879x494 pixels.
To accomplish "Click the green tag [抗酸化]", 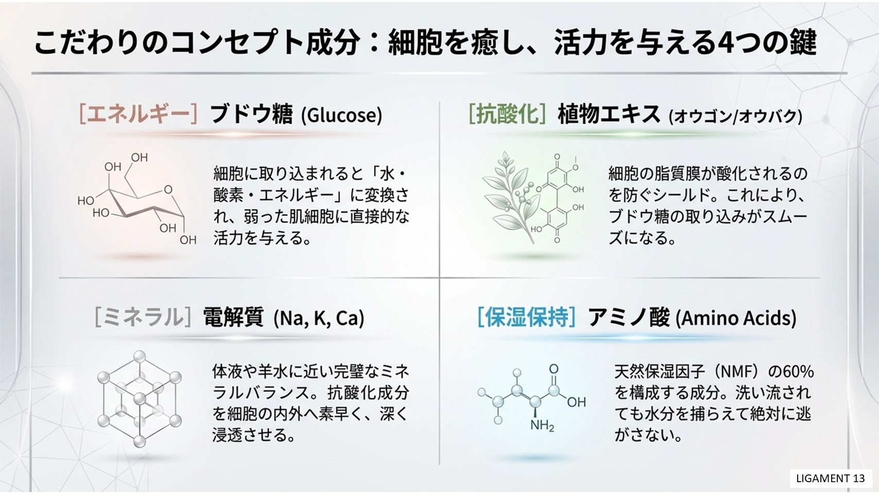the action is point(507,114).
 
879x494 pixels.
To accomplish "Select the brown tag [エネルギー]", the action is point(139,114).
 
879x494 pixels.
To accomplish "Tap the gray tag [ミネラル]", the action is point(143,317).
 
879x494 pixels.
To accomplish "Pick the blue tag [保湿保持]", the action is point(527,317).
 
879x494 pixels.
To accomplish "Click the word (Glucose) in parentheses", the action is point(341,115).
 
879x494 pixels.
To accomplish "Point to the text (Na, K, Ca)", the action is point(319,318).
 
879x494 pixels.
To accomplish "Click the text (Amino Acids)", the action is point(736,318).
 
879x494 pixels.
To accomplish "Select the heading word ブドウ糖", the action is point(251,114).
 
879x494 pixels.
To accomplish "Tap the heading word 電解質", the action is point(233,317).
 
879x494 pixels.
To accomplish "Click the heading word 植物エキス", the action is point(609,114).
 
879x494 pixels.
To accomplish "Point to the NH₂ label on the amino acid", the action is point(542,426).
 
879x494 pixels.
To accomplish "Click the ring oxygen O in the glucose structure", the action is point(168,190).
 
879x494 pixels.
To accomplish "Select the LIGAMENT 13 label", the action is point(831,479).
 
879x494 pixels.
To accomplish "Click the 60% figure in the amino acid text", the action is point(798,372).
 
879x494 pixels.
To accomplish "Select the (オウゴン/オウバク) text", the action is point(735,116).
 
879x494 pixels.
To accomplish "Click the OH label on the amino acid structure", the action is point(576,402).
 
